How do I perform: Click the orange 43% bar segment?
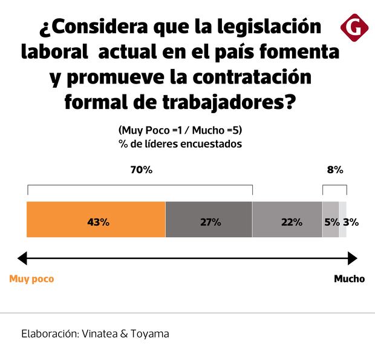tap(96, 219)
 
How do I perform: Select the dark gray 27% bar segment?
tap(209, 219)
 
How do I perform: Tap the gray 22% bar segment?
tap(287, 219)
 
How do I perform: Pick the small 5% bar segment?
tap(330, 219)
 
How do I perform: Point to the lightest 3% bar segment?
tap(343, 219)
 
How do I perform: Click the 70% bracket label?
tap(141, 170)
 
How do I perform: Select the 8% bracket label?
tap(334, 170)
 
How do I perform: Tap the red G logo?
tap(354, 26)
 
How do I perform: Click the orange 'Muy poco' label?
tap(31, 279)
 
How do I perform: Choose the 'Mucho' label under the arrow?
tap(349, 279)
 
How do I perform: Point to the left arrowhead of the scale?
tap(22, 258)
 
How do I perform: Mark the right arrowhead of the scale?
tap(353, 258)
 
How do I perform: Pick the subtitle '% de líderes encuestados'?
tap(181, 144)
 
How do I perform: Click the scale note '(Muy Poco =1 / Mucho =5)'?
tap(181, 131)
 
